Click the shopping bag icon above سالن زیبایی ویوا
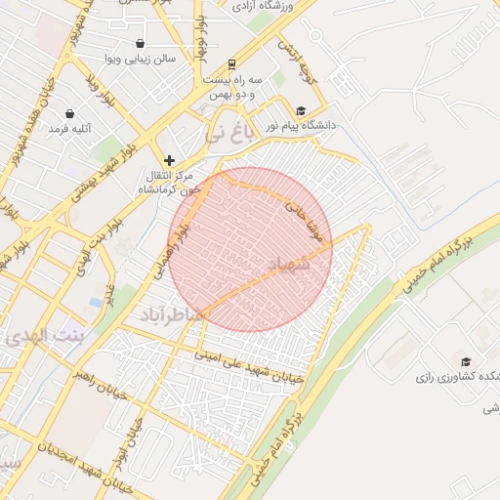142,43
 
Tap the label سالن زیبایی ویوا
144,59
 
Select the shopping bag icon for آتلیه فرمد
69,112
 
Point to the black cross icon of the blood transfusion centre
170,159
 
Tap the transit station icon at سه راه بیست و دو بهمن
230,61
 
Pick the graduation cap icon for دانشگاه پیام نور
301,111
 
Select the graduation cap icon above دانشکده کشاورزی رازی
465,362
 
